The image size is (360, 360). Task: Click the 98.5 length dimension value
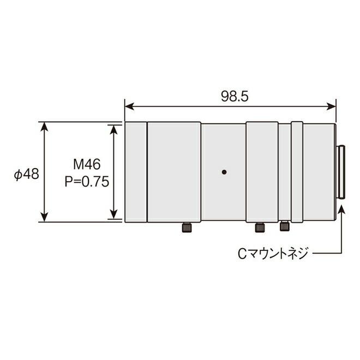[235, 97]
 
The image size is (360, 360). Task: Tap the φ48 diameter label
[26, 174]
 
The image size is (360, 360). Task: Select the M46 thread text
[87, 164]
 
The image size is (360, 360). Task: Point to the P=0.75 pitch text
[87, 182]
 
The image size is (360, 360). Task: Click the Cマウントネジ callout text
[273, 254]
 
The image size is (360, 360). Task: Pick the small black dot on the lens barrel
[225, 172]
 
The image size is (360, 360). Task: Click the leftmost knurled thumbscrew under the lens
[187, 227]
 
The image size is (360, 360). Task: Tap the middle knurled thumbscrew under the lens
[260, 227]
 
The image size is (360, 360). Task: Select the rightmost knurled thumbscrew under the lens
[285, 226]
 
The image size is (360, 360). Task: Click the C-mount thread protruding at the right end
[341, 172]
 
